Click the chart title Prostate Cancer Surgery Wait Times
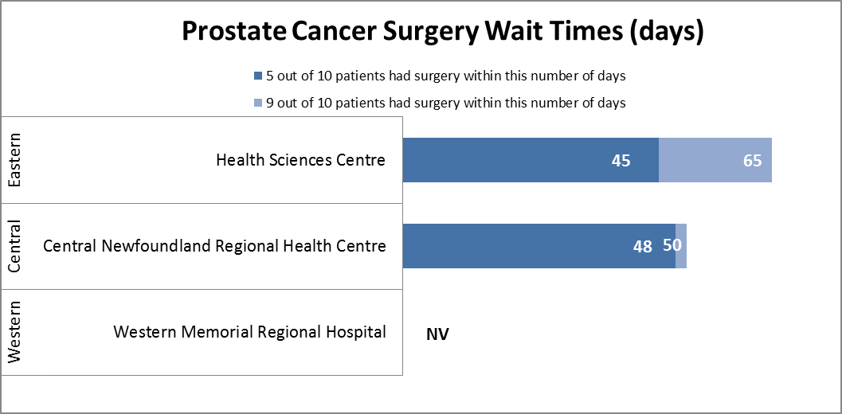[x=443, y=32]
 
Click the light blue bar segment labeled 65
[x=715, y=160]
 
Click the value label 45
[x=621, y=161]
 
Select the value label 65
[x=753, y=161]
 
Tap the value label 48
[x=642, y=247]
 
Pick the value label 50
[x=672, y=245]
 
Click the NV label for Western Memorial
[x=437, y=334]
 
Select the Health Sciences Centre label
[x=301, y=160]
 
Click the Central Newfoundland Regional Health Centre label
[x=214, y=246]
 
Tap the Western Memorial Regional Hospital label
[x=250, y=332]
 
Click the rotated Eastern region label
[x=15, y=160]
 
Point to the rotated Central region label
[x=15, y=246]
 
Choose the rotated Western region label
[x=15, y=332]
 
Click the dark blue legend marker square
[x=257, y=77]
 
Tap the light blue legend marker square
[x=257, y=103]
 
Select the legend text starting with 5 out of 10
[x=446, y=76]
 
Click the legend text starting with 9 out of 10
[x=446, y=103]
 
